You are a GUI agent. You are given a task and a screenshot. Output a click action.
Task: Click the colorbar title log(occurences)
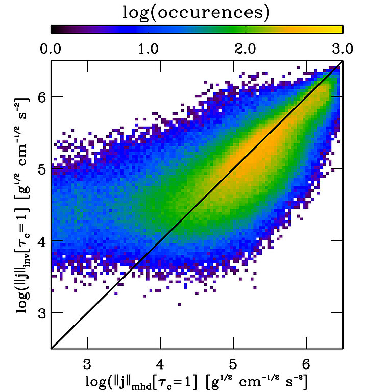pos(196,12)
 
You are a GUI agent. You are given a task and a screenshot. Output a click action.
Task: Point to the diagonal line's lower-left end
pos(52,348)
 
